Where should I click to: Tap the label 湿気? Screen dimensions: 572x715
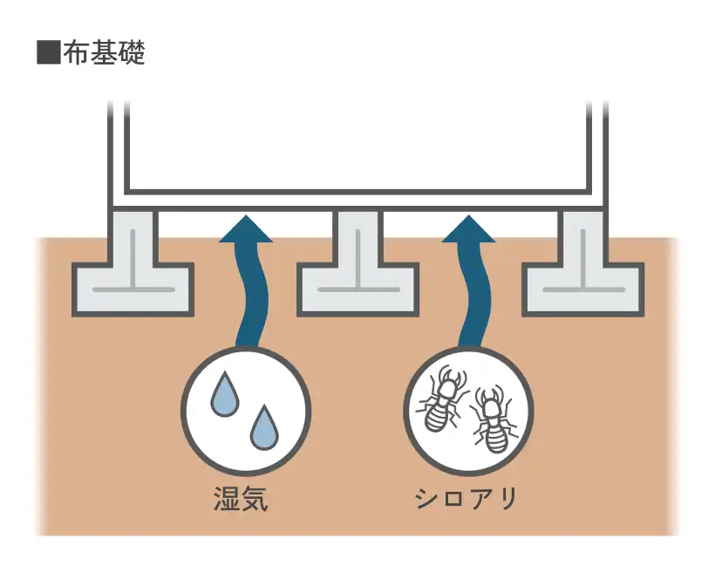pos(240,500)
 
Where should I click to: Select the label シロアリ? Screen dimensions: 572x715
pos(466,500)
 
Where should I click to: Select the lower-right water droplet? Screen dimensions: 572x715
pos(263,427)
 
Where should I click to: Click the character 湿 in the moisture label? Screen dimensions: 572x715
pos(227,500)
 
